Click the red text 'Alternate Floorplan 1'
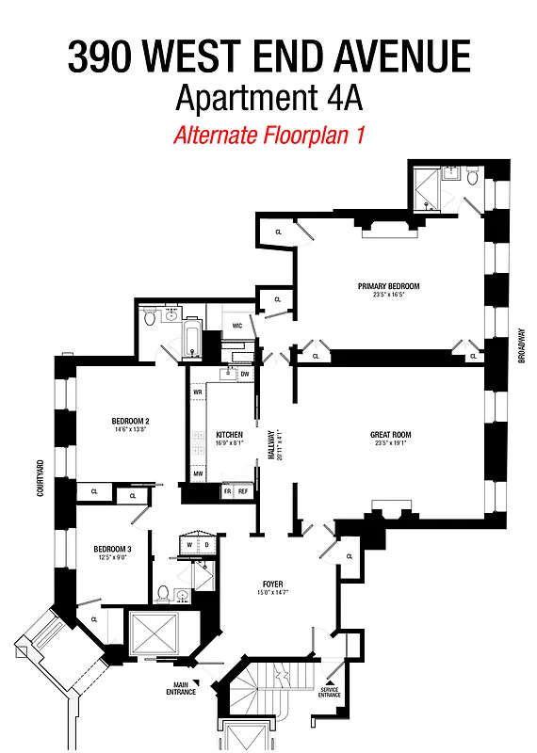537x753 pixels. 268,135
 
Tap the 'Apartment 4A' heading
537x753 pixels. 268,97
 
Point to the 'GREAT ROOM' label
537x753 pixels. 390,435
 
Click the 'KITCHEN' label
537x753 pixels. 229,435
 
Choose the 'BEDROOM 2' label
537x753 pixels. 131,421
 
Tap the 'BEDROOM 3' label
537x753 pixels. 112,549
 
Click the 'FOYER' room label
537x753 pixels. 272,585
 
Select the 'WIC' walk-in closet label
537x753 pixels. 237,326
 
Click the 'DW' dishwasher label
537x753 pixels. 244,375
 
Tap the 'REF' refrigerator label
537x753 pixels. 243,491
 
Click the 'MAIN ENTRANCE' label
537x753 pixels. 184,688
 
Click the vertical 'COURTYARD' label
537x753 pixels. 41,478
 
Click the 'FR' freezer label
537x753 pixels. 227,491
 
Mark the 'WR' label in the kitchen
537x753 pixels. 198,391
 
